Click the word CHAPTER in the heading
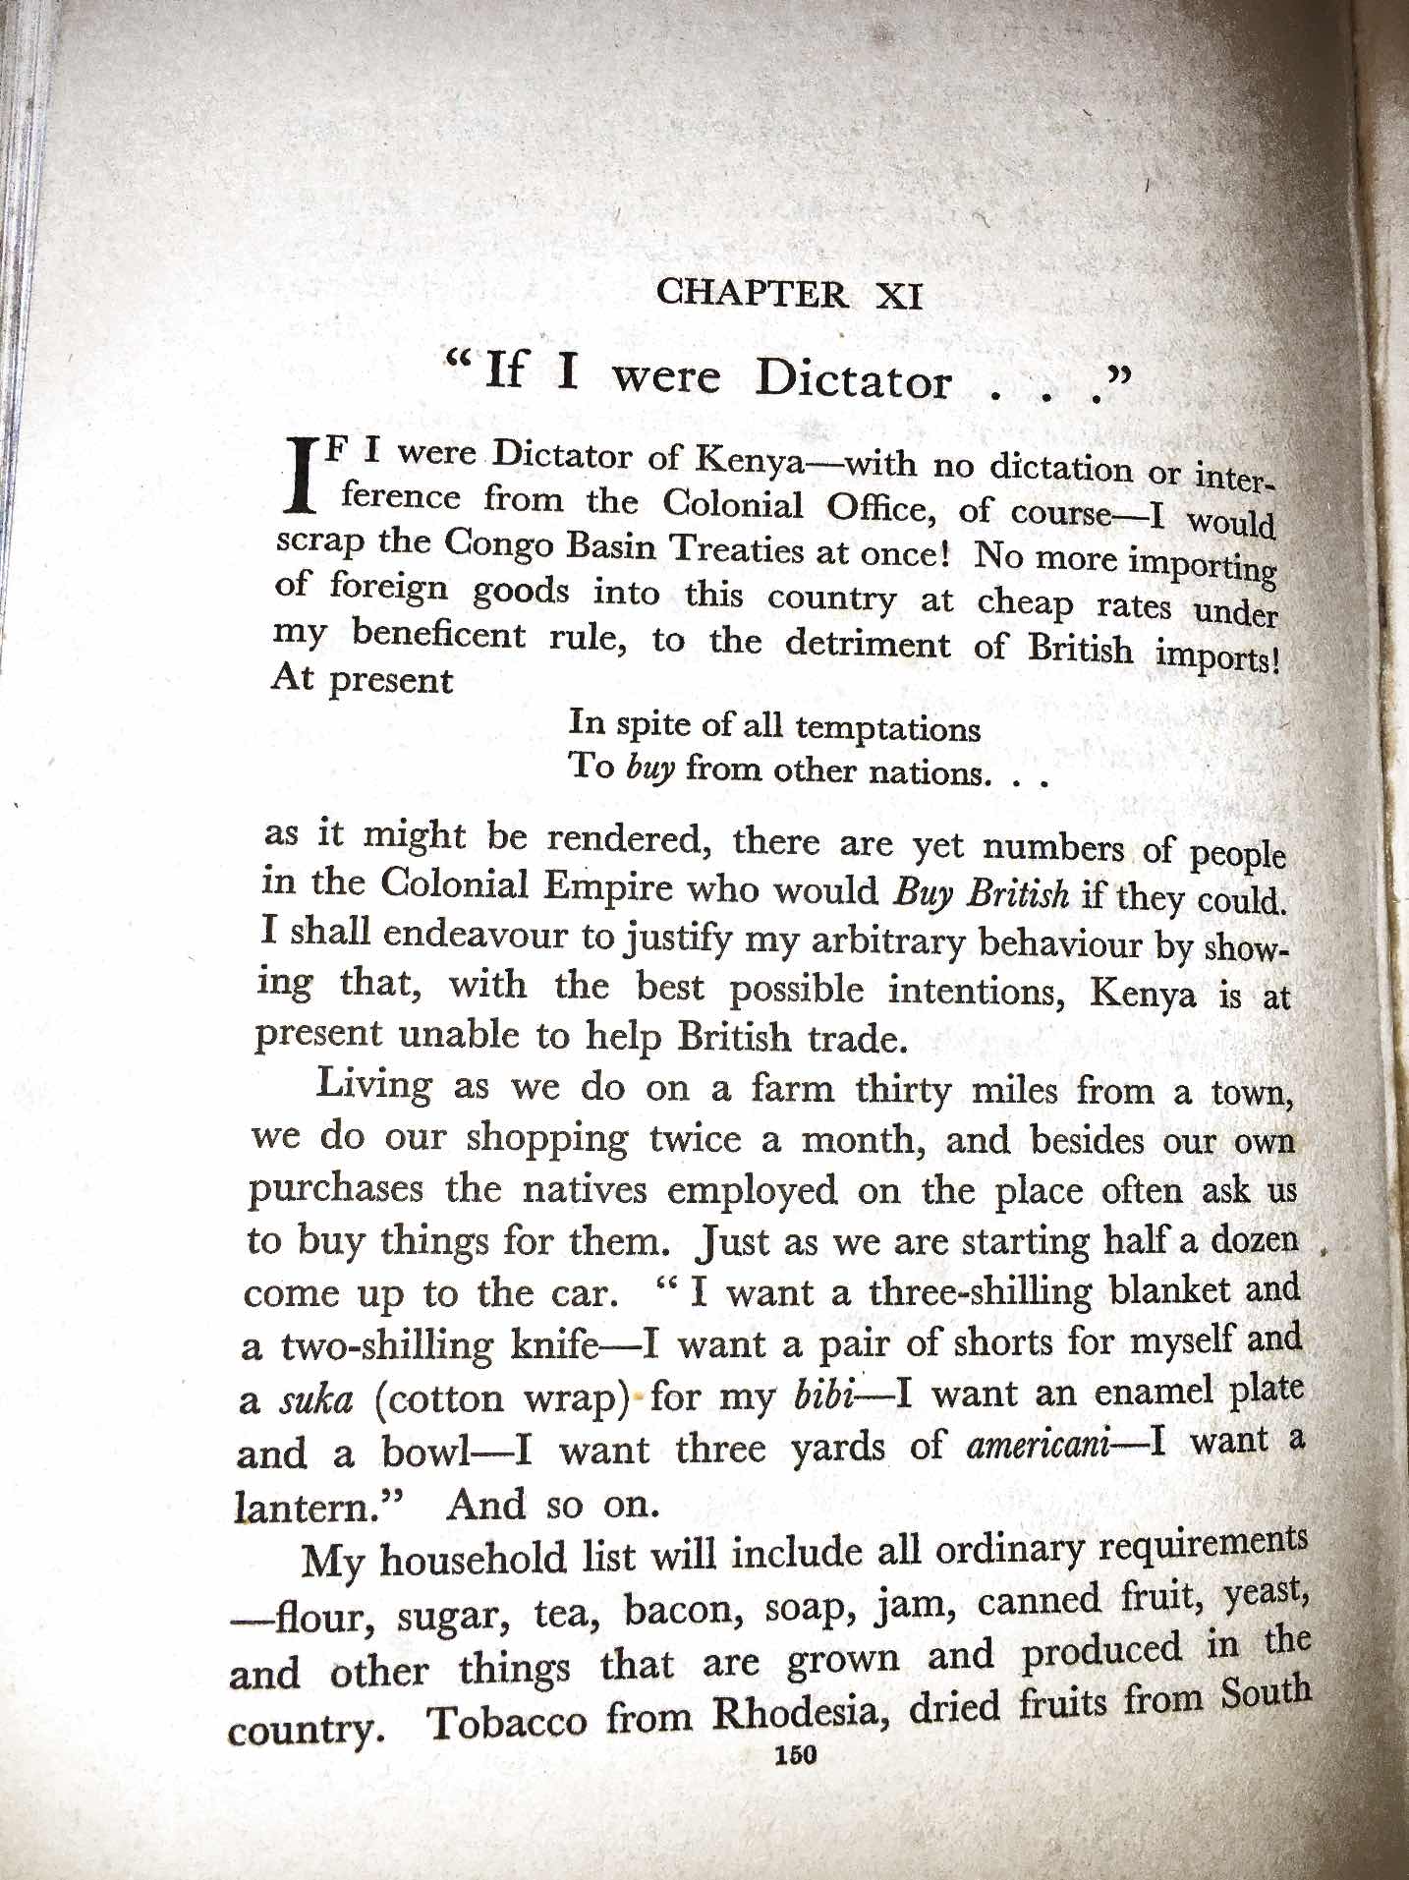752,293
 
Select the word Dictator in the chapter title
853,379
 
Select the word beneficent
439,634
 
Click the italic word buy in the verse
649,767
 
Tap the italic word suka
315,1398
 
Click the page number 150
795,1755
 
